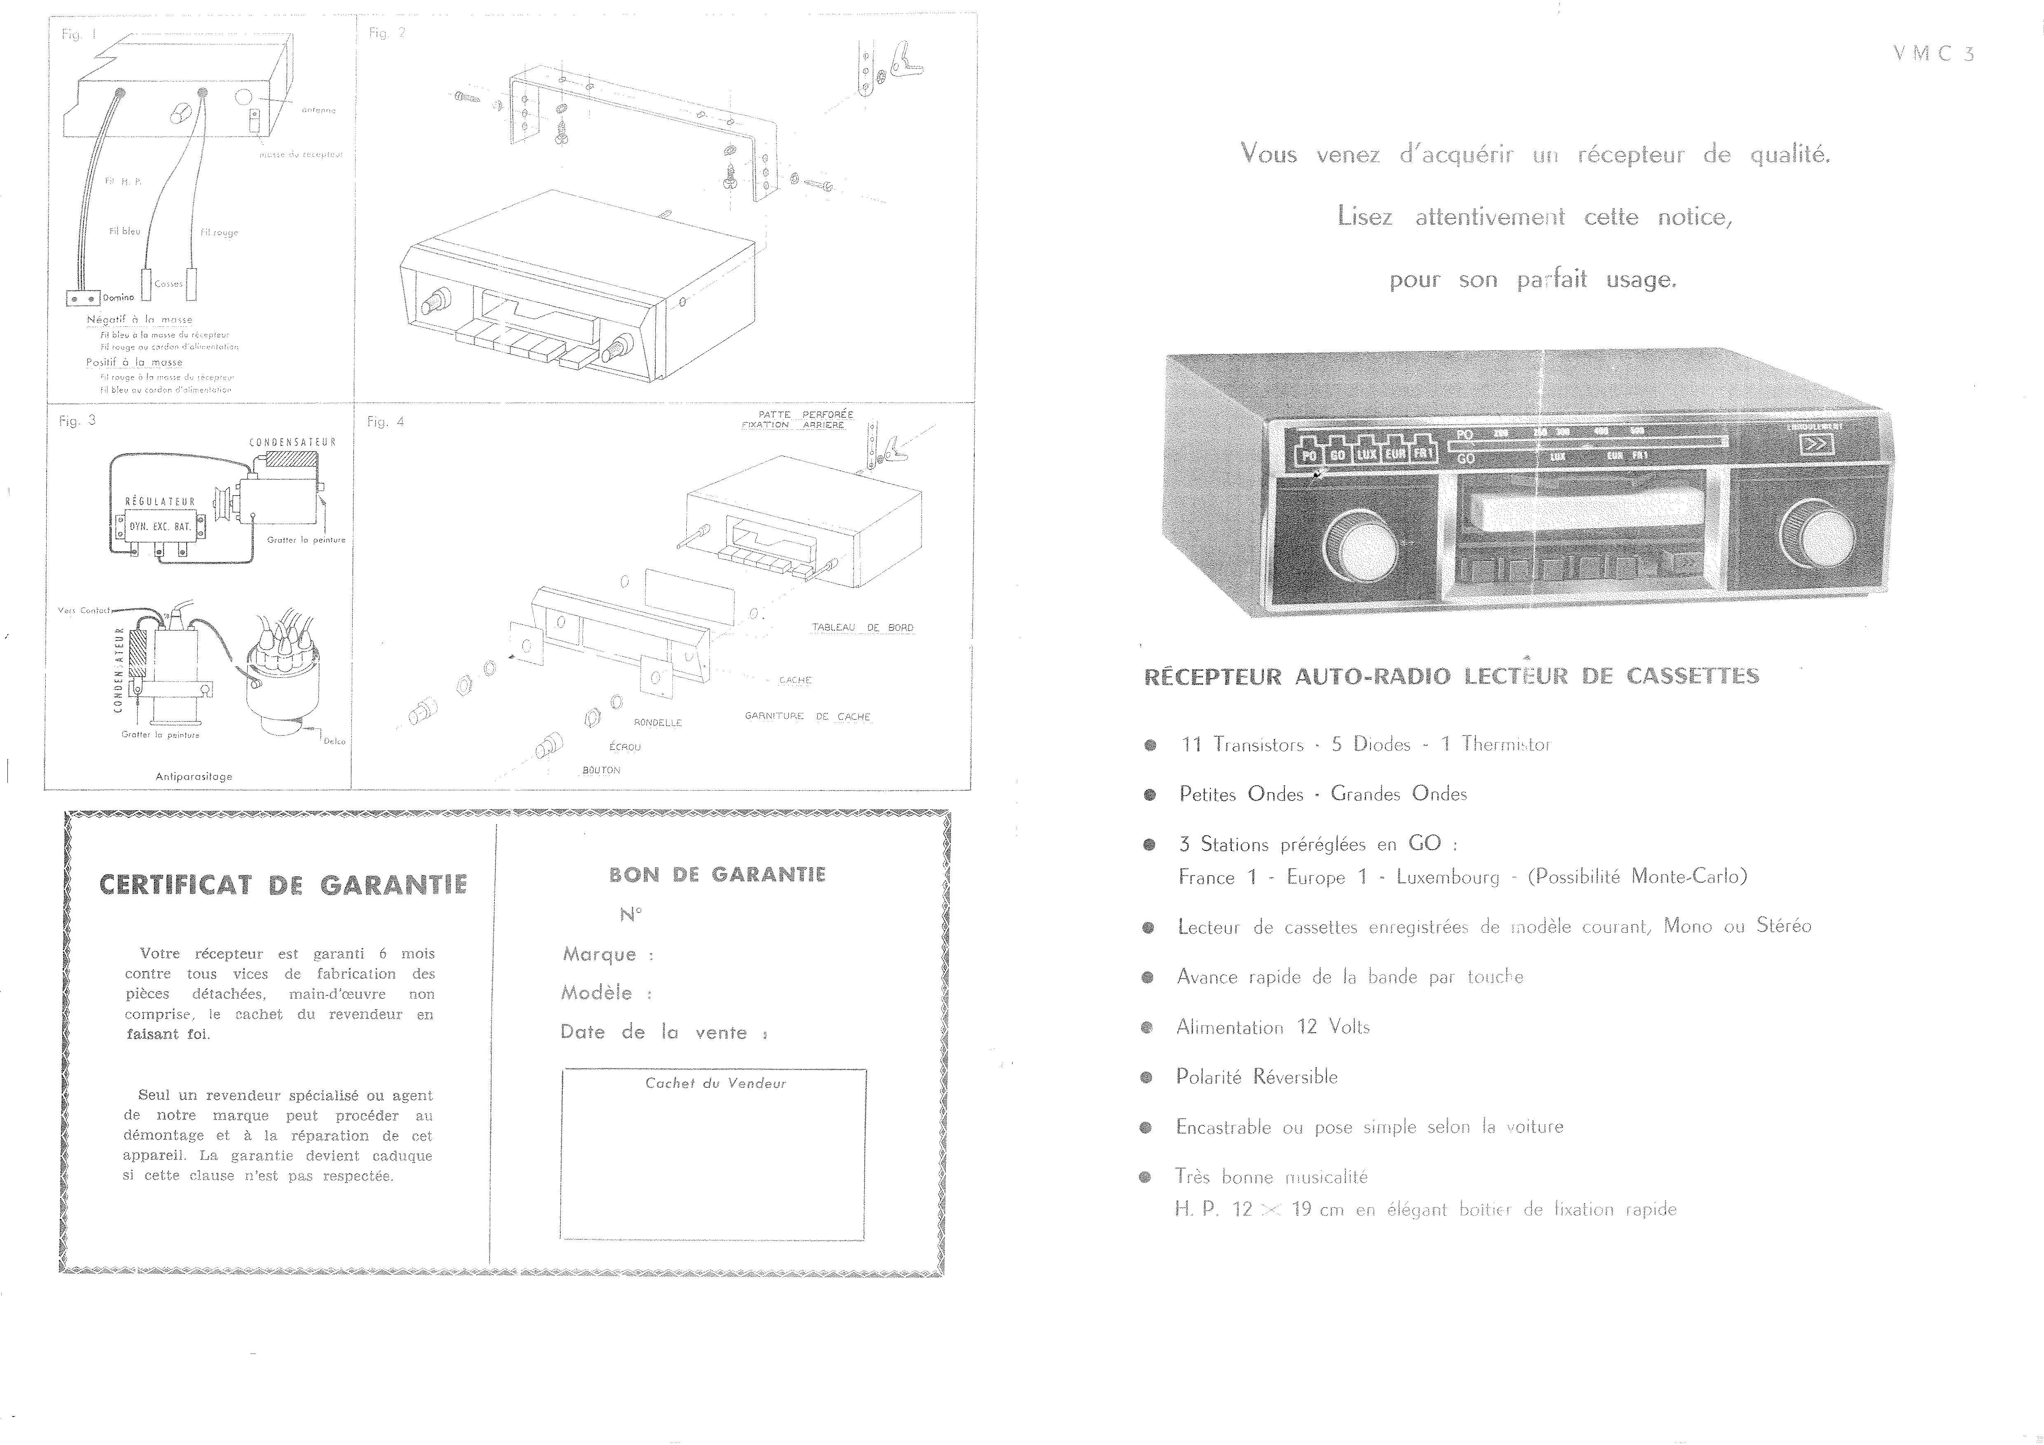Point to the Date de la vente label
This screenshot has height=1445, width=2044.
[653, 1032]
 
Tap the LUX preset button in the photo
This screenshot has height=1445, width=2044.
[1366, 454]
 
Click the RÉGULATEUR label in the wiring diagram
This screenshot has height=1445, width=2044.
[160, 501]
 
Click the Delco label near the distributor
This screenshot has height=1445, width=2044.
[335, 741]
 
